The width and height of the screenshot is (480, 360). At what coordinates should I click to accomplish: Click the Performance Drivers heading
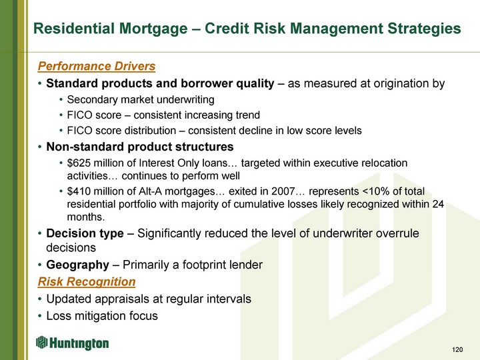click(x=97, y=66)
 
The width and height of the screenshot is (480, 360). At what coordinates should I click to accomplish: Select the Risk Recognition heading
click(x=87, y=281)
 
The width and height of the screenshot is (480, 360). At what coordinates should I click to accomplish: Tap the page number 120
click(x=457, y=349)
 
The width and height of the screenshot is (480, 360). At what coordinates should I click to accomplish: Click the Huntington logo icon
click(x=41, y=342)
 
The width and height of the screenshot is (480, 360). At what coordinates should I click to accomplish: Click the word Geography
click(x=77, y=265)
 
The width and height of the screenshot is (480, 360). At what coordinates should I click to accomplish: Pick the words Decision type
click(x=85, y=233)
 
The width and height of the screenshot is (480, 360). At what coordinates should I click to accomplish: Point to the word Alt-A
click(x=150, y=191)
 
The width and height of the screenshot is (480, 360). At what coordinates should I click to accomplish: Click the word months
click(x=86, y=217)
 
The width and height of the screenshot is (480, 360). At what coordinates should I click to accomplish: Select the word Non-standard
click(x=85, y=147)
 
